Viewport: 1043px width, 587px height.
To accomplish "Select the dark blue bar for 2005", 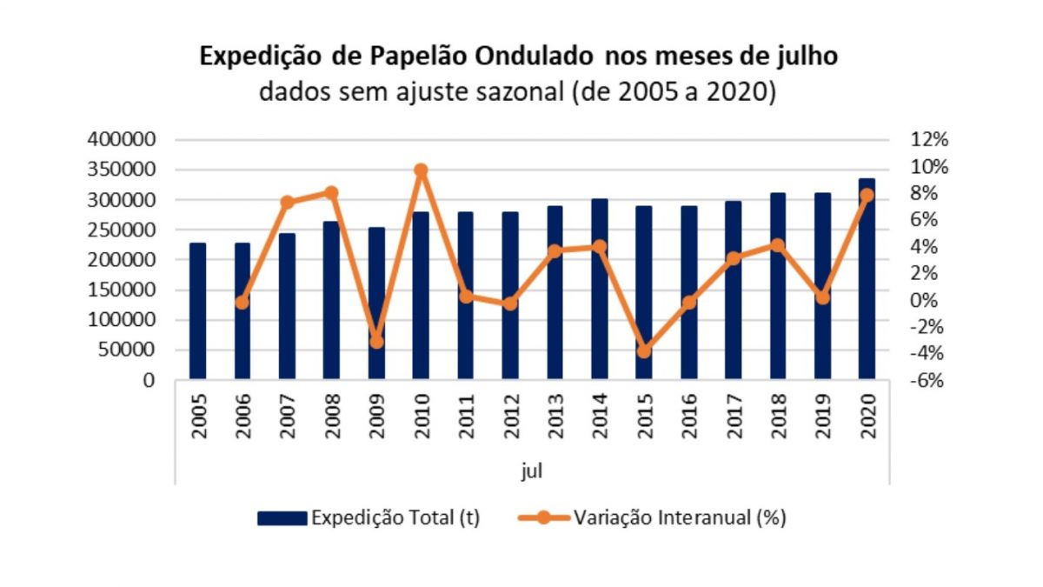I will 197,311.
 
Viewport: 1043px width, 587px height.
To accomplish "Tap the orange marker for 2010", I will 421,170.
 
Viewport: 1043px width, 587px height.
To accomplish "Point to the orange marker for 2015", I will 644,351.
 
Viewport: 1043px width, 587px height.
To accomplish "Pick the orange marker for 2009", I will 376,342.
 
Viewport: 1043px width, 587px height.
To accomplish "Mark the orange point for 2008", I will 331,192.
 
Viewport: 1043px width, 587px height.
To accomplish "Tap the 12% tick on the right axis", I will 929,140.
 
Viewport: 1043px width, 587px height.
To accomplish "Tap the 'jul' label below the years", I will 533,471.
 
